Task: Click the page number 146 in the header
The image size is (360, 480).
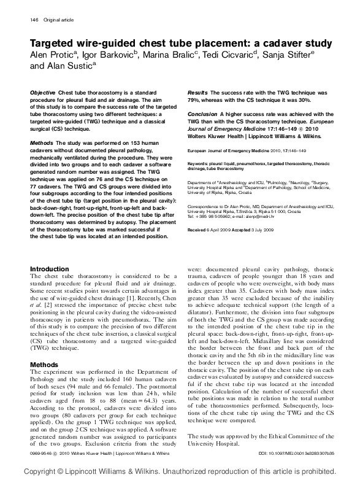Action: click(x=34, y=20)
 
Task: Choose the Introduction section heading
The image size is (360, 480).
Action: click(x=50, y=269)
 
